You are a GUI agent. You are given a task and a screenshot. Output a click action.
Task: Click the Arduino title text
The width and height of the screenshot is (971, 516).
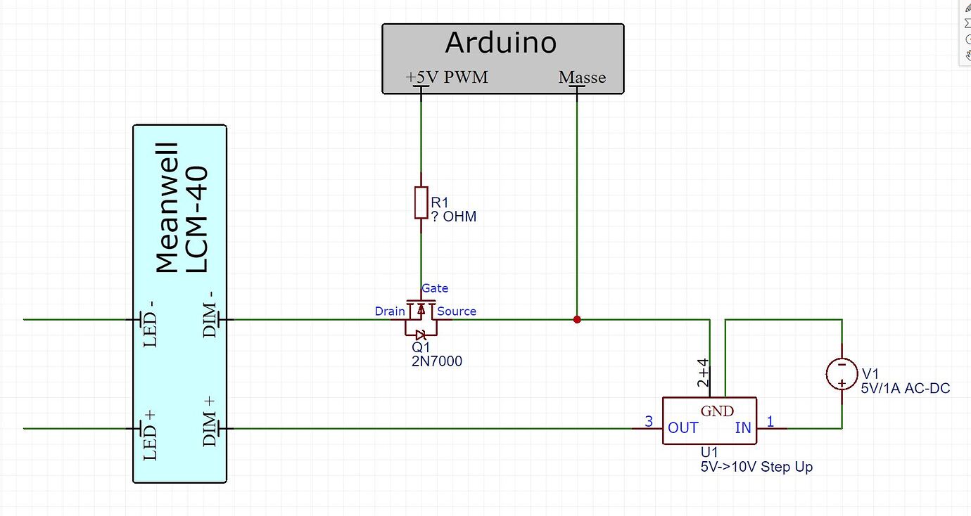[501, 44]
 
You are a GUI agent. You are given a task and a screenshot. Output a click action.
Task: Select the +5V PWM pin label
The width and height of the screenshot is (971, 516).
[447, 77]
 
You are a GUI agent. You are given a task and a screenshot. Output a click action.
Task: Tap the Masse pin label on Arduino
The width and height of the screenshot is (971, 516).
[582, 77]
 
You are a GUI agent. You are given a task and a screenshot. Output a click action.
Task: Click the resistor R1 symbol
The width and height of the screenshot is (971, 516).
[421, 202]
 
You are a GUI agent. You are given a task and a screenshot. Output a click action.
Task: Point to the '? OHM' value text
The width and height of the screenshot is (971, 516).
[453, 217]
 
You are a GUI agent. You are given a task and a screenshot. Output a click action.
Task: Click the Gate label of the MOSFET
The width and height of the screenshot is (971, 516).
[435, 288]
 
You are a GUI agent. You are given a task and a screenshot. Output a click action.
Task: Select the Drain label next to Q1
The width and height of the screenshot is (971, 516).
[389, 311]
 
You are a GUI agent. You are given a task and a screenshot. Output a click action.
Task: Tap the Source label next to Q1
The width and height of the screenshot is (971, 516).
[457, 311]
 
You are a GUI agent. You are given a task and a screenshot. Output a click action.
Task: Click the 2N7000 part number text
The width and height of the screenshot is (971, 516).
[436, 362]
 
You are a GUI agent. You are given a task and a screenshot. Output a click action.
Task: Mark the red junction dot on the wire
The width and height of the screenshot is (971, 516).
[577, 320]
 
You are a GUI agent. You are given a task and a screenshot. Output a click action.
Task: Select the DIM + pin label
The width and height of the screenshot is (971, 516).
[210, 421]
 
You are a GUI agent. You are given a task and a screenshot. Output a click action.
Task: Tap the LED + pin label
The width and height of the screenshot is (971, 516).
[149, 434]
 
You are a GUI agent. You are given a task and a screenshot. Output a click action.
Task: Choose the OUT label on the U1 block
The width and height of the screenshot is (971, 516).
[683, 428]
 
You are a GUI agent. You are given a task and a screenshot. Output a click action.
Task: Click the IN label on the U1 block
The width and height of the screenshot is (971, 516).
[743, 428]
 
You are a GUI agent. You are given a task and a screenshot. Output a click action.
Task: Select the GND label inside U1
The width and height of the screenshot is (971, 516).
[717, 411]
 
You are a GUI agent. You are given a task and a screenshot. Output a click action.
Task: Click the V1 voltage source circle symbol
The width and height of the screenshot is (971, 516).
[842, 374]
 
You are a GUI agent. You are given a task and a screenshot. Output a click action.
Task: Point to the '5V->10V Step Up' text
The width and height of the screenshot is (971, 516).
[756, 467]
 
